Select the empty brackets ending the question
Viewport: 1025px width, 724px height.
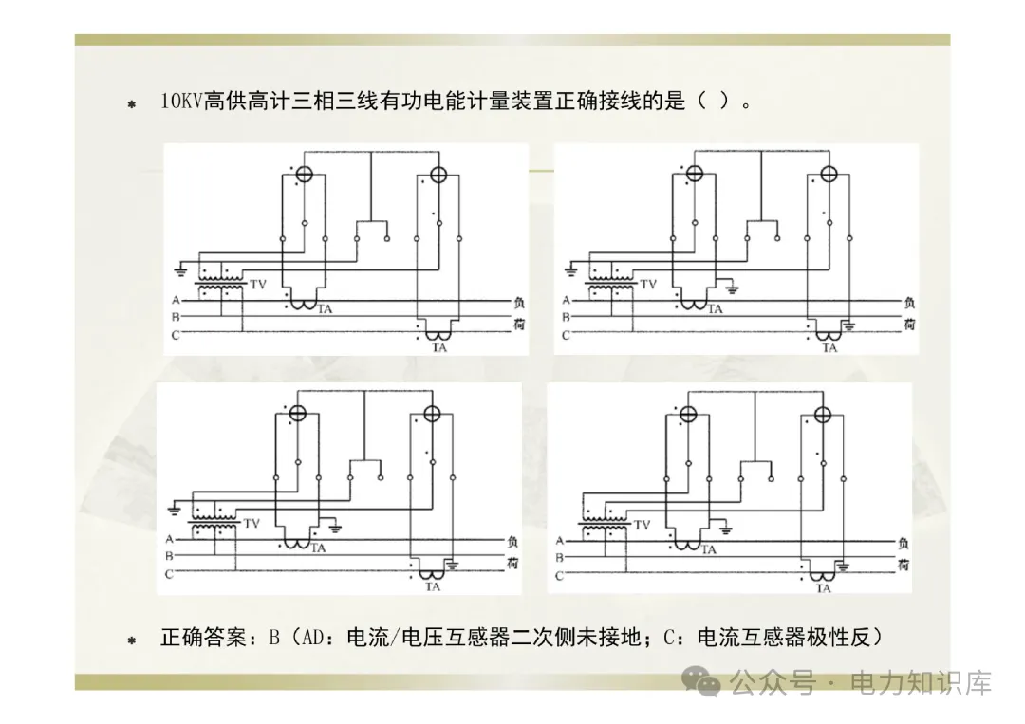[713, 102]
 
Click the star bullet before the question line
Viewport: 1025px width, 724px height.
[132, 103]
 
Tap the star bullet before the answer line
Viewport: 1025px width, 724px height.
[132, 640]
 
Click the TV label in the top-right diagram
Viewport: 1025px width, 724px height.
[648, 284]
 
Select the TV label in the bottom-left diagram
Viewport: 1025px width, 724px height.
[252, 523]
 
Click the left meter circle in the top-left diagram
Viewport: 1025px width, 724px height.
[303, 175]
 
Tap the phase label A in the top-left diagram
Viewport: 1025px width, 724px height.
[176, 301]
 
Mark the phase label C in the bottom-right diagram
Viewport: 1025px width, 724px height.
[559, 575]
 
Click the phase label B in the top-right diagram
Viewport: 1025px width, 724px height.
[566, 317]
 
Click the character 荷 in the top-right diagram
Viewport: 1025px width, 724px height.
[909, 325]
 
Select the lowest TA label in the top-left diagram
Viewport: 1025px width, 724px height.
[438, 348]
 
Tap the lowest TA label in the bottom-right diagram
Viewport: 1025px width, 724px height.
[823, 588]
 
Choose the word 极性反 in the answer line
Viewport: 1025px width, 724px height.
[834, 638]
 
